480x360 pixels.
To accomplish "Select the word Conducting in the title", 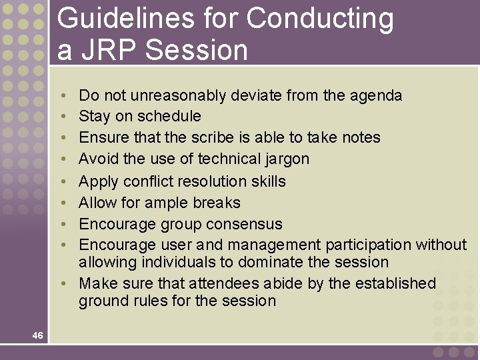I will pos(320,19).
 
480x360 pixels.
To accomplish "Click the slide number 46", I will pos(37,335).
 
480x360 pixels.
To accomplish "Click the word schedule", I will pos(169,117).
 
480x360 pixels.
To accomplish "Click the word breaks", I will pos(219,203).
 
